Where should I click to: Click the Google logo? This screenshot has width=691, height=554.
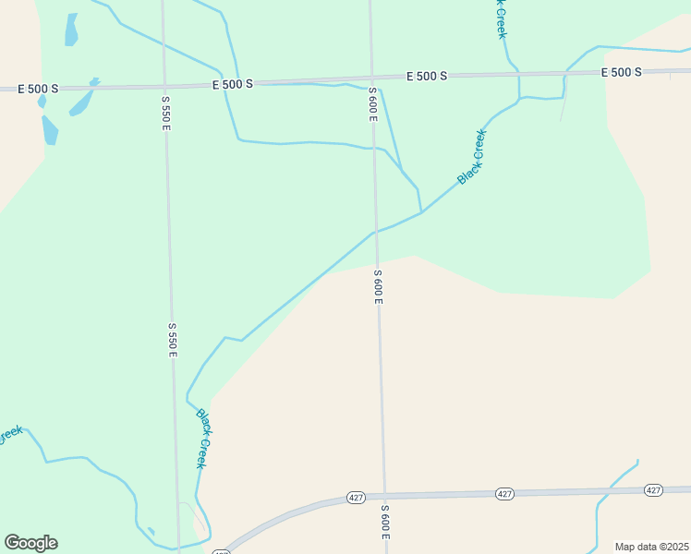(x=30, y=542)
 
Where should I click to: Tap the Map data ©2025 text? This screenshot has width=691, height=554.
(x=652, y=546)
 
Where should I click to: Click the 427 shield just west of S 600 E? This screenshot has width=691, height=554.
(x=356, y=497)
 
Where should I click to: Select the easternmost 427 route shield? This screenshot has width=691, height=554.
(x=653, y=490)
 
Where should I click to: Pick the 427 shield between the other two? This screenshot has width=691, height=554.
(x=503, y=493)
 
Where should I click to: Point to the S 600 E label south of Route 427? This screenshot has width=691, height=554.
(x=385, y=524)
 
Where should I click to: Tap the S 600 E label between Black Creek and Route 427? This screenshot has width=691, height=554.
(x=378, y=287)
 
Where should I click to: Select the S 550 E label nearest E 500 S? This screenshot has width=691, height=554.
(x=166, y=113)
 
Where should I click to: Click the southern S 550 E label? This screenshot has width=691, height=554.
(x=172, y=340)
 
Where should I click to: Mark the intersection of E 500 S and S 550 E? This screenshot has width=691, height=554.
(x=164, y=84)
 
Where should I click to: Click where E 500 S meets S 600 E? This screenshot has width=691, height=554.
(x=370, y=78)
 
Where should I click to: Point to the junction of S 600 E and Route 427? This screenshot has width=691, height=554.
(x=383, y=495)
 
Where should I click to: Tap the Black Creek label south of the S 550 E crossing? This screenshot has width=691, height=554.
(x=201, y=439)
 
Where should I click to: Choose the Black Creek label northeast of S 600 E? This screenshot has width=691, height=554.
(x=471, y=155)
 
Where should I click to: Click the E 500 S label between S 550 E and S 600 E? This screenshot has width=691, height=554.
(x=232, y=84)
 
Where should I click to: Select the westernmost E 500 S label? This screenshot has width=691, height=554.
(x=38, y=89)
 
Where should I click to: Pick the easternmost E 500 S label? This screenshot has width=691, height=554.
(x=621, y=72)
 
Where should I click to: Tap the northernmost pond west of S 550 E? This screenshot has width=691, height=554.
(x=71, y=30)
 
